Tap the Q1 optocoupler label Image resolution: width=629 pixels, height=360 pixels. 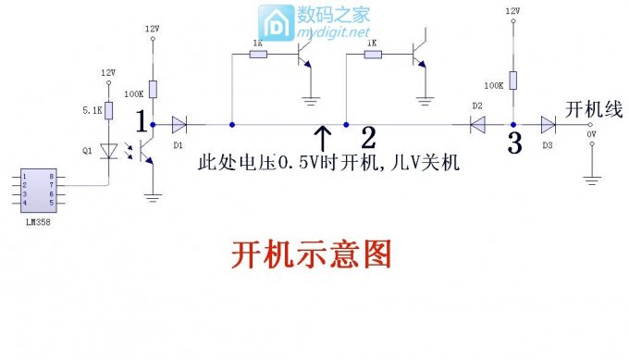87,148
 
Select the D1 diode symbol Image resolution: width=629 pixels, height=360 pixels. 179,123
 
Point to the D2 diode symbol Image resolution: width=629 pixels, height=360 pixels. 477,123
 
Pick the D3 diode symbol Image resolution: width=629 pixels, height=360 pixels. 548,123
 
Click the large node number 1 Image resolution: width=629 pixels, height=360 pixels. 141,121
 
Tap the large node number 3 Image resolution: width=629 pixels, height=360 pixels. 514,143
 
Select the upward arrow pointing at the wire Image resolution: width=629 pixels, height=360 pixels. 323,139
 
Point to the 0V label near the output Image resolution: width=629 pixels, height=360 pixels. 593,135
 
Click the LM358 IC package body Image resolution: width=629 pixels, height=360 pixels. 38,188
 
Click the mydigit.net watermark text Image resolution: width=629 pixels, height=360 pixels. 330,32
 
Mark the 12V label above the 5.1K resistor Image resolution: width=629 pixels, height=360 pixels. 108,73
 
